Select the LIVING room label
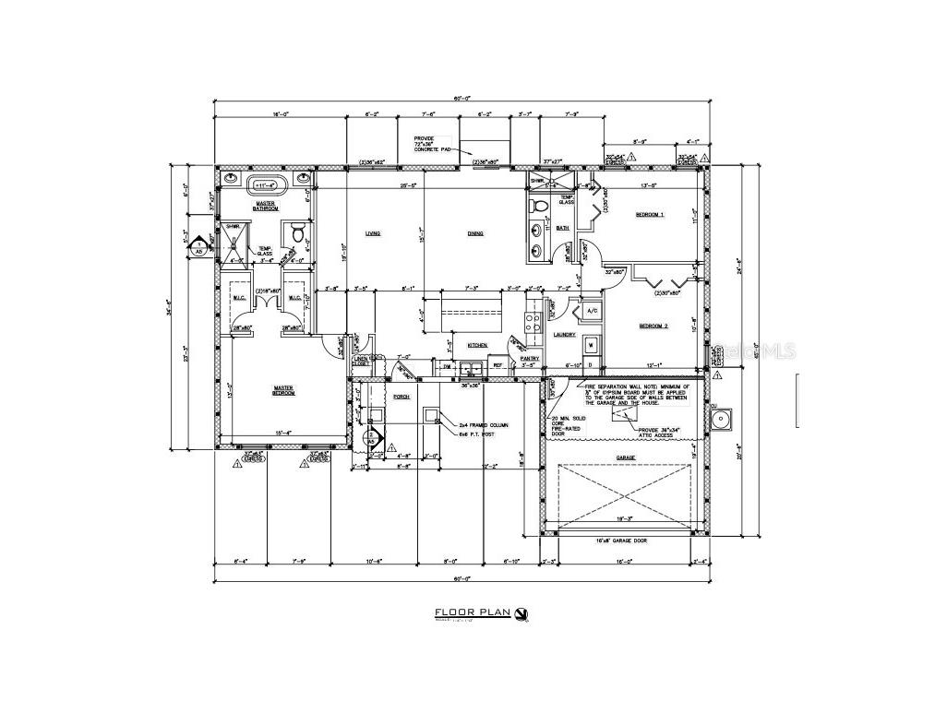(373, 233)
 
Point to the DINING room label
(475, 233)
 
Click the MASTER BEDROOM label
(283, 391)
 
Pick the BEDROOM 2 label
(653, 326)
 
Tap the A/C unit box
(593, 312)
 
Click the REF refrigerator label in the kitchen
(497, 365)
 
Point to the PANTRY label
(530, 358)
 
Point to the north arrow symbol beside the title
(522, 612)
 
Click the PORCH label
(402, 396)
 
